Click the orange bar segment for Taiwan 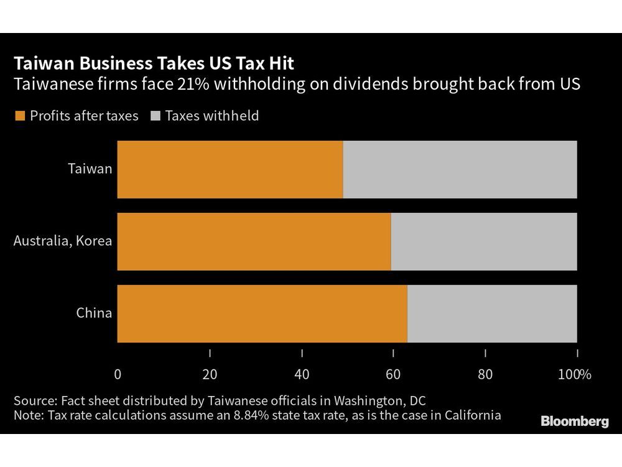230,169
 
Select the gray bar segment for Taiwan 460,169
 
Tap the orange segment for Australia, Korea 254,242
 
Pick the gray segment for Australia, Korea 484,242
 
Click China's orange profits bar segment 262,314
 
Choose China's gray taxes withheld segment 492,314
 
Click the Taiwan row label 91,169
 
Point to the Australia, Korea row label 63,241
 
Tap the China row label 94,313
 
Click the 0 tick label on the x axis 118,374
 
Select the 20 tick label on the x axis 210,374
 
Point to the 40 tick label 302,374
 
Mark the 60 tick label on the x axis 393,374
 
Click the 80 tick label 485,374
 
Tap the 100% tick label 575,374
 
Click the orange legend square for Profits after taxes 19,116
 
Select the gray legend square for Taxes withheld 156,116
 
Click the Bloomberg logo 575,422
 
